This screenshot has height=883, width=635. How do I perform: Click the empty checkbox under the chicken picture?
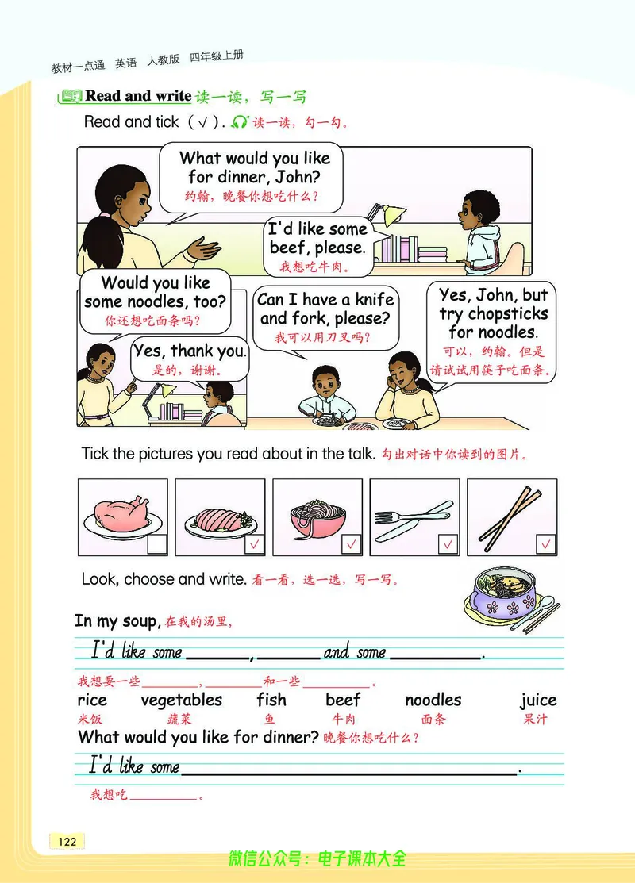point(157,544)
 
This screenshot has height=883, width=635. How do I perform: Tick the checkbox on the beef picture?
point(255,544)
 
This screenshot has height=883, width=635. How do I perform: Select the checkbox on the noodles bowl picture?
point(352,544)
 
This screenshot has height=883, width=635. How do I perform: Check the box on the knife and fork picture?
point(448,544)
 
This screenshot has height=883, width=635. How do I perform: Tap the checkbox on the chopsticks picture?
point(546,544)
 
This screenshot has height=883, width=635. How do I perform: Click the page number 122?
point(67,841)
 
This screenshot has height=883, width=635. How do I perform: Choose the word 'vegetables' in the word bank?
point(182,700)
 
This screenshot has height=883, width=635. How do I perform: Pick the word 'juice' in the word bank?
point(538,700)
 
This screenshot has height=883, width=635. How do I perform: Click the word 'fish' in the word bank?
point(271,700)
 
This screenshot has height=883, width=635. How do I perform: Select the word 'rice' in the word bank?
point(92,701)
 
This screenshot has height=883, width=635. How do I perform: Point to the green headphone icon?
point(240,121)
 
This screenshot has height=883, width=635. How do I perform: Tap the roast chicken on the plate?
point(121,514)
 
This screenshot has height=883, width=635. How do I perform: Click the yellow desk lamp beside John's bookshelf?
point(387,214)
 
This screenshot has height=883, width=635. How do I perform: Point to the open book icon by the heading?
point(71,96)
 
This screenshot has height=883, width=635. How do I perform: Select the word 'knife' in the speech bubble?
point(375,299)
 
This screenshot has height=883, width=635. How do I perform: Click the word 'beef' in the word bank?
point(343,700)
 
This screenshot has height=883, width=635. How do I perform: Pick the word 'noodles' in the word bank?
point(433,700)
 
